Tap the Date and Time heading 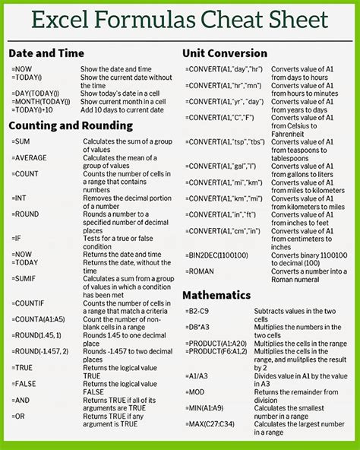[x=45, y=53]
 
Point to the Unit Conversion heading [x=225, y=53]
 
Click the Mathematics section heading [x=217, y=294]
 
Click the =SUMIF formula [x=24, y=280]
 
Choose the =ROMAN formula [x=201, y=272]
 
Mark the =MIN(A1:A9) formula [x=205, y=407]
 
